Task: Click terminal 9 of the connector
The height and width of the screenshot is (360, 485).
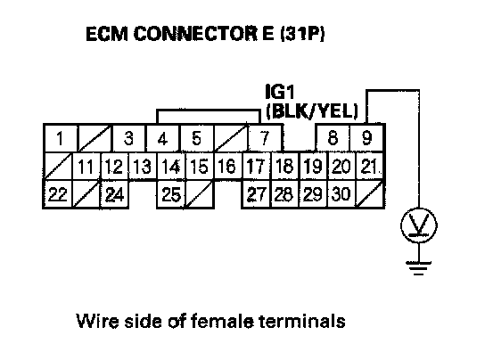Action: click(366, 138)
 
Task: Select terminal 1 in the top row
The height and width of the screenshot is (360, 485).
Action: click(60, 138)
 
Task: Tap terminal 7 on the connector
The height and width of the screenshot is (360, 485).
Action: click(265, 138)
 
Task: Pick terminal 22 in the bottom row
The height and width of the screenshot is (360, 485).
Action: click(58, 194)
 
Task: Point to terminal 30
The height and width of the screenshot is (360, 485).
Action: click(341, 194)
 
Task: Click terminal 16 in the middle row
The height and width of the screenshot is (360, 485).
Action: click(227, 166)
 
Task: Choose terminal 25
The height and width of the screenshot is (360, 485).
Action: click(171, 194)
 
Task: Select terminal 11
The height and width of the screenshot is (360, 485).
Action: click(86, 166)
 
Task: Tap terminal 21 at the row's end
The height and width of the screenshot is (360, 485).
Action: click(370, 166)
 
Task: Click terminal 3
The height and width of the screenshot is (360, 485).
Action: click(128, 138)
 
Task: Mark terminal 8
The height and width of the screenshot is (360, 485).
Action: click(333, 138)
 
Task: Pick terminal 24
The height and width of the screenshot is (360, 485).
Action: click(114, 194)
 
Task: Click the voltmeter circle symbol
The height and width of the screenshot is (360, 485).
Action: click(419, 225)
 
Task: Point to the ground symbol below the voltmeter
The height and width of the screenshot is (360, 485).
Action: click(419, 268)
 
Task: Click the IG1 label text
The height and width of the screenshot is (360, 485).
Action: click(279, 92)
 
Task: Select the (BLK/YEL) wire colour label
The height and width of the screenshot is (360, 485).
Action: click(312, 110)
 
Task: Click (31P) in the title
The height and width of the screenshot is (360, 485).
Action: click(302, 33)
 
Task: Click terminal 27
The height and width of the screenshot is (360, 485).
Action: click(256, 194)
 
